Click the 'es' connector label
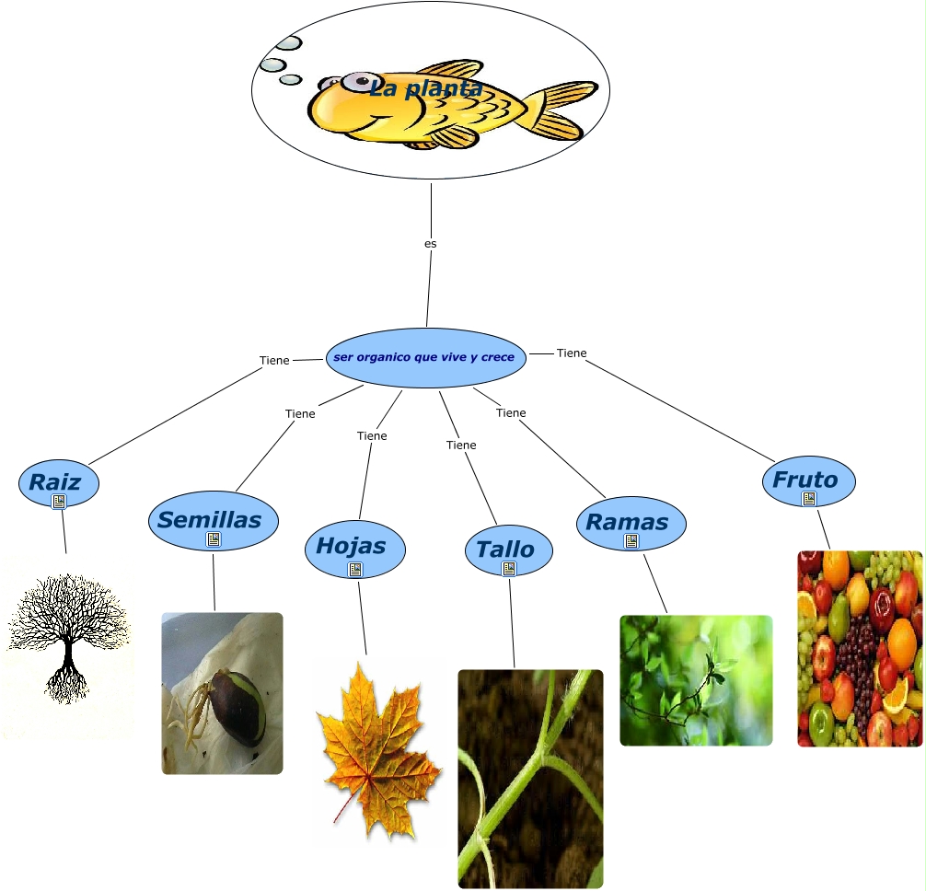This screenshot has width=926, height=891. click(x=430, y=244)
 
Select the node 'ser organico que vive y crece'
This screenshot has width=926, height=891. click(x=425, y=357)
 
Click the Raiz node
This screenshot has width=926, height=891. click(x=55, y=480)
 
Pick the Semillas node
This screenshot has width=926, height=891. click(x=209, y=519)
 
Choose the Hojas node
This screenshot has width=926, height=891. click(x=350, y=545)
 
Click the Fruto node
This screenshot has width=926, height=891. click(x=805, y=479)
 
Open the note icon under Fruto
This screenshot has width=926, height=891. click(x=809, y=499)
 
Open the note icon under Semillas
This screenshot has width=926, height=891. click(x=214, y=539)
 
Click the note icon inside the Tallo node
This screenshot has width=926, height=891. click(x=509, y=569)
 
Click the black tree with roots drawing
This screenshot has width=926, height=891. click(x=66, y=635)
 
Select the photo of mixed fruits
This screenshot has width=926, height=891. click(x=859, y=648)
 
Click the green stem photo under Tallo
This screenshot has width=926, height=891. click(x=530, y=778)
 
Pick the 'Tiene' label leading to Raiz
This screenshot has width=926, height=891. click(x=274, y=361)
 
